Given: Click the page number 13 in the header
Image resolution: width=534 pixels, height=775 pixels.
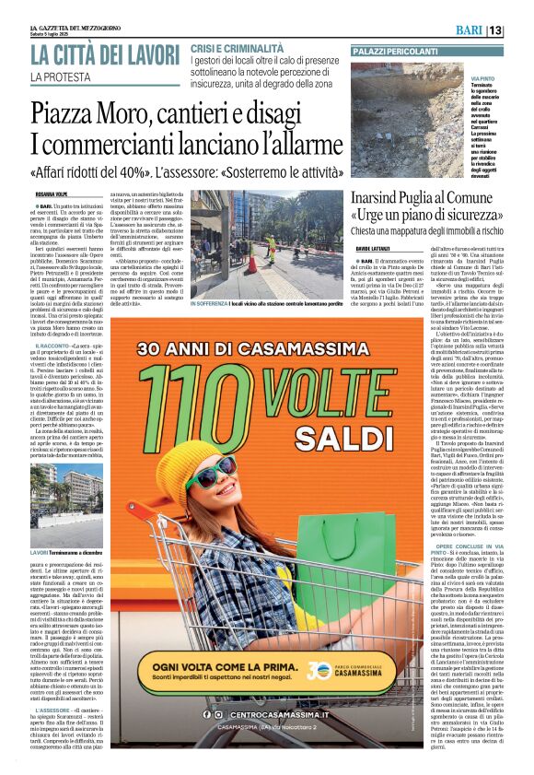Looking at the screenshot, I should [x=520, y=30].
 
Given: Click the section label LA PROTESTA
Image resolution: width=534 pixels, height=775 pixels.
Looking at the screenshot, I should [x=64, y=76].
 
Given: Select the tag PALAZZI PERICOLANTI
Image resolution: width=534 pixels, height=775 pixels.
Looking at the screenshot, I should [x=395, y=52].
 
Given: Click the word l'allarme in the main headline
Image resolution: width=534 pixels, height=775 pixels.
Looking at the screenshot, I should [x=287, y=145].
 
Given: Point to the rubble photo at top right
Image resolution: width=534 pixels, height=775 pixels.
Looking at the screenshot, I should [x=408, y=120].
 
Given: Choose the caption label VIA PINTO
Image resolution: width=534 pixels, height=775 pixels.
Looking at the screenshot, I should [x=484, y=81].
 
